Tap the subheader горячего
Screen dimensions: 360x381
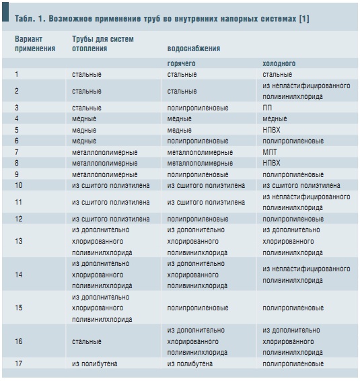coord(181,63)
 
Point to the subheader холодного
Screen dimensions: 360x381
coord(279,63)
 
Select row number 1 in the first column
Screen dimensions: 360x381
coord(17,74)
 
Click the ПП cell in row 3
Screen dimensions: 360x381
coord(267,108)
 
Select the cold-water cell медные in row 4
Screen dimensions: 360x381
coord(275,119)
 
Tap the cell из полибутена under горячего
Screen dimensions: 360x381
coord(190,363)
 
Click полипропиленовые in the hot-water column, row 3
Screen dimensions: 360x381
coord(198,108)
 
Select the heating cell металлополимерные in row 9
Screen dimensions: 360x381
coord(104,174)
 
